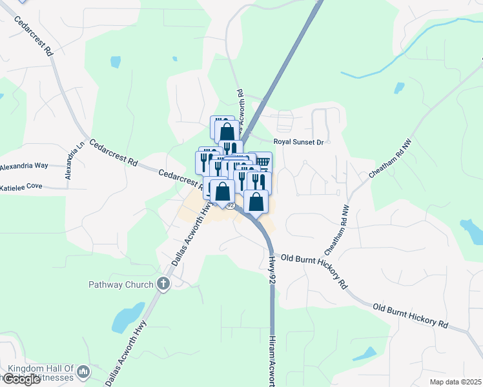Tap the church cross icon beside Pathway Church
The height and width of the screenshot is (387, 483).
163,283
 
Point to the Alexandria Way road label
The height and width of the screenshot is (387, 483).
25,166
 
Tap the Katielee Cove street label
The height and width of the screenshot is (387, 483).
21,187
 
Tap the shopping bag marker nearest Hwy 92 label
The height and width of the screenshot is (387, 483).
256,201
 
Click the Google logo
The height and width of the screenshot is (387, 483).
21,379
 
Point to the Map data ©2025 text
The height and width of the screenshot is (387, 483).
455,382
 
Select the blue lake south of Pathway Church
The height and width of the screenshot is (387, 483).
126,318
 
